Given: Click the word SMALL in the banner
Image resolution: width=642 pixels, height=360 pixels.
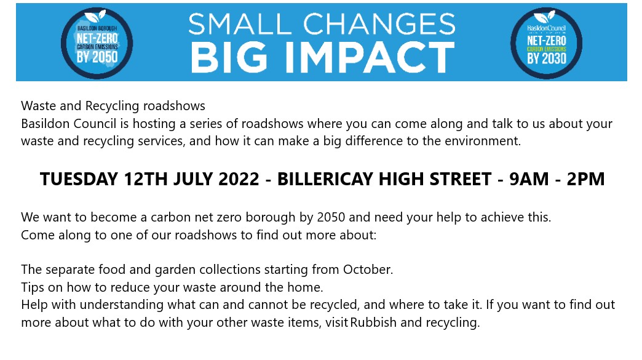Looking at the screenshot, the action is click(240, 24).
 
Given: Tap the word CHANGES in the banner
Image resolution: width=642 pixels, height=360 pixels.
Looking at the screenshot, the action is click(379, 24).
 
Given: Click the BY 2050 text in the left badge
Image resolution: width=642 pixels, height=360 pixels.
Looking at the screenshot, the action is click(97, 57).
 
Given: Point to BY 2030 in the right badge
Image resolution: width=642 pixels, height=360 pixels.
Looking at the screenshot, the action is click(547, 58).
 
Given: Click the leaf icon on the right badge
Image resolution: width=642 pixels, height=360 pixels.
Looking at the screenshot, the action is click(545, 17).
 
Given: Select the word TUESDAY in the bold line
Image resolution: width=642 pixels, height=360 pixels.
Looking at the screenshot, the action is click(79, 179).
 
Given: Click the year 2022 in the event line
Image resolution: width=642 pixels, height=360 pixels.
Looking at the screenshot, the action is click(239, 179).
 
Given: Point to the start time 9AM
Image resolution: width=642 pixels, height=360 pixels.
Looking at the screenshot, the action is click(529, 179).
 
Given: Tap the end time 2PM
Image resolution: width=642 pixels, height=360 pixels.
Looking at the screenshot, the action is click(585, 179).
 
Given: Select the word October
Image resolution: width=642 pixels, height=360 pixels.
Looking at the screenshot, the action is click(368, 270).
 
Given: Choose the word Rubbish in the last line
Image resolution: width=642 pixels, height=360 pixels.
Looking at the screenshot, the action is click(373, 322).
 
